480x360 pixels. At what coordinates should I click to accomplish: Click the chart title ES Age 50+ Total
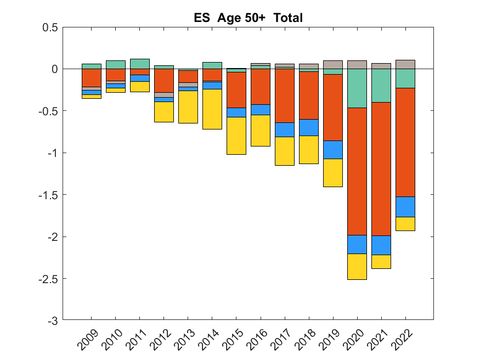click(248, 18)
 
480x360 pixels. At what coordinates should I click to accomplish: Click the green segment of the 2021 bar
click(381, 86)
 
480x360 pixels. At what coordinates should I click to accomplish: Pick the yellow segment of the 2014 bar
click(212, 109)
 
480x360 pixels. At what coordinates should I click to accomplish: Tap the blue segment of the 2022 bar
click(405, 207)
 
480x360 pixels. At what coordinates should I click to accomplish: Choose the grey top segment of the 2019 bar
click(333, 64)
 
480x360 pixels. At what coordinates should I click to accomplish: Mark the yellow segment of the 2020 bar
click(357, 267)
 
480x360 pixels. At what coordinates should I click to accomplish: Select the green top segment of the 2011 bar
click(140, 64)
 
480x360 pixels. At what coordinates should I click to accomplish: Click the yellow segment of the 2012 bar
click(164, 112)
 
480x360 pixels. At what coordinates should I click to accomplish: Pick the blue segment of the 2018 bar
click(309, 127)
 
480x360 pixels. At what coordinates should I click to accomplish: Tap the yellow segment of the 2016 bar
click(261, 131)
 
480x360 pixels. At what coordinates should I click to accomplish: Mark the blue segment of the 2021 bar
click(381, 245)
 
